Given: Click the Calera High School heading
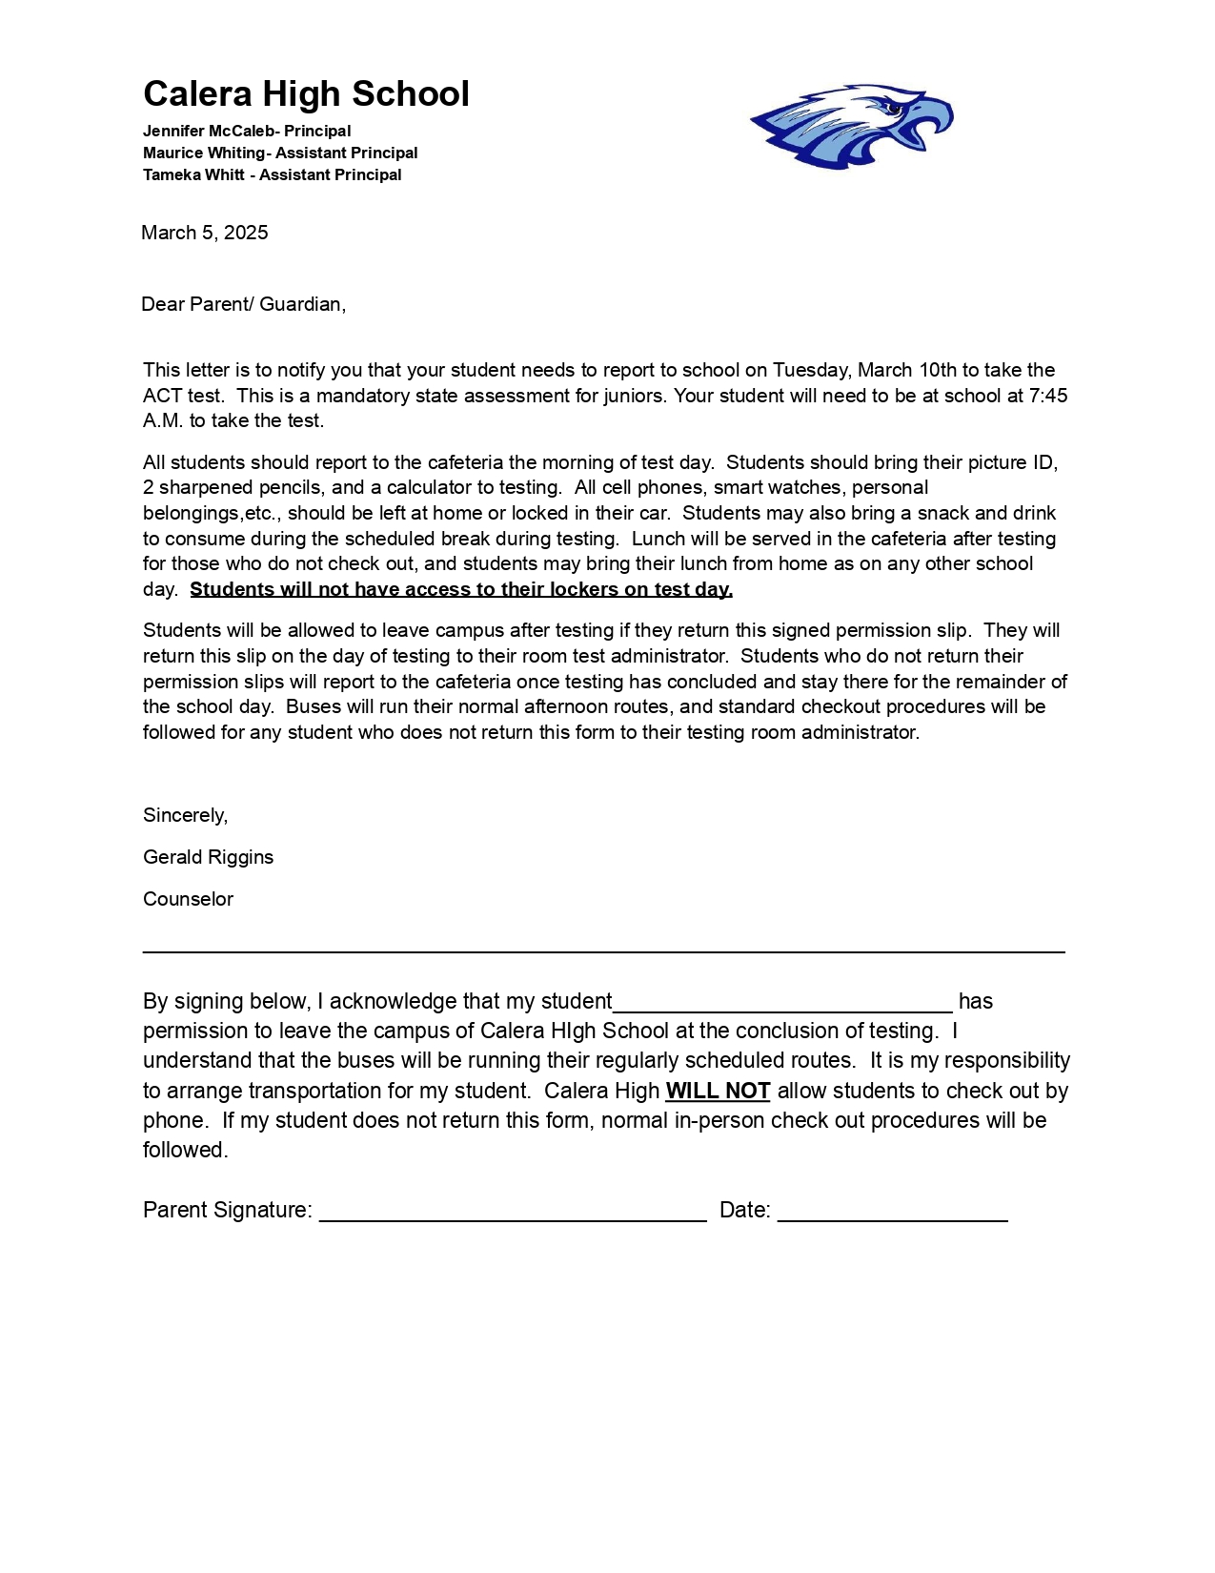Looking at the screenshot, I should coord(306,94).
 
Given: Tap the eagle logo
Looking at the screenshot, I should coord(851,127).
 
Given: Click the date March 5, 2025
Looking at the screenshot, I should coord(205,234).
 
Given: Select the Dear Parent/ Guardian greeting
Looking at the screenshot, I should coord(243,305).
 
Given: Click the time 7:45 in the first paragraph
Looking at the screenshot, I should coord(1048,396).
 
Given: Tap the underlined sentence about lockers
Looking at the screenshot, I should coord(461,590).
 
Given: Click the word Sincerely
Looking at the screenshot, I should coord(186,816).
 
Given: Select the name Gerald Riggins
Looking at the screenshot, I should coord(208,858).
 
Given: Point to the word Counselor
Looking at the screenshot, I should coord(188,900).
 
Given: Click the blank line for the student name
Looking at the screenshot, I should coord(782,1009).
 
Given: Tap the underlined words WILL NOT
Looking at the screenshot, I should coord(718,1092).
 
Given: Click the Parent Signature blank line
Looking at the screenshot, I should coord(513,1218).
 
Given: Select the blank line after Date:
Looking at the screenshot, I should coord(893,1218).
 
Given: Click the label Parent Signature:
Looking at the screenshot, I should coord(228,1211).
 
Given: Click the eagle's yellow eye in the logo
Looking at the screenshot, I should coord(894,109).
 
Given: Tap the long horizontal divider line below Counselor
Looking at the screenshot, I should coord(603,951).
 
